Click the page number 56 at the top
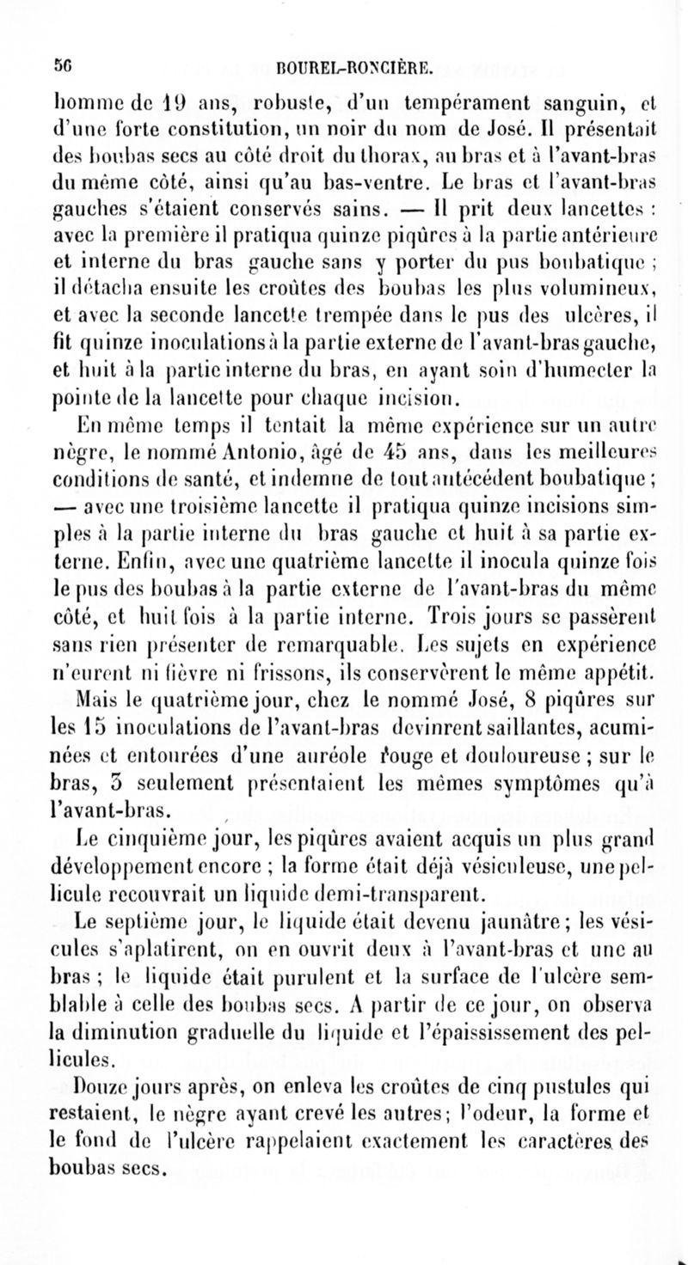[60, 61]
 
